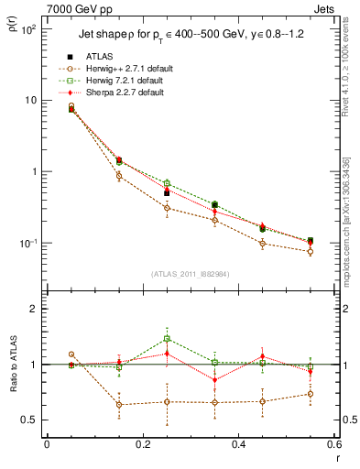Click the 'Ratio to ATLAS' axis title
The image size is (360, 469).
click(x=13, y=394)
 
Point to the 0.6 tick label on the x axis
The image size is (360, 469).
click(x=332, y=446)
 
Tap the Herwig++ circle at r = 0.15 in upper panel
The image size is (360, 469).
click(x=119, y=176)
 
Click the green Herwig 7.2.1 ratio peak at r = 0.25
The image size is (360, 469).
click(x=167, y=339)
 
